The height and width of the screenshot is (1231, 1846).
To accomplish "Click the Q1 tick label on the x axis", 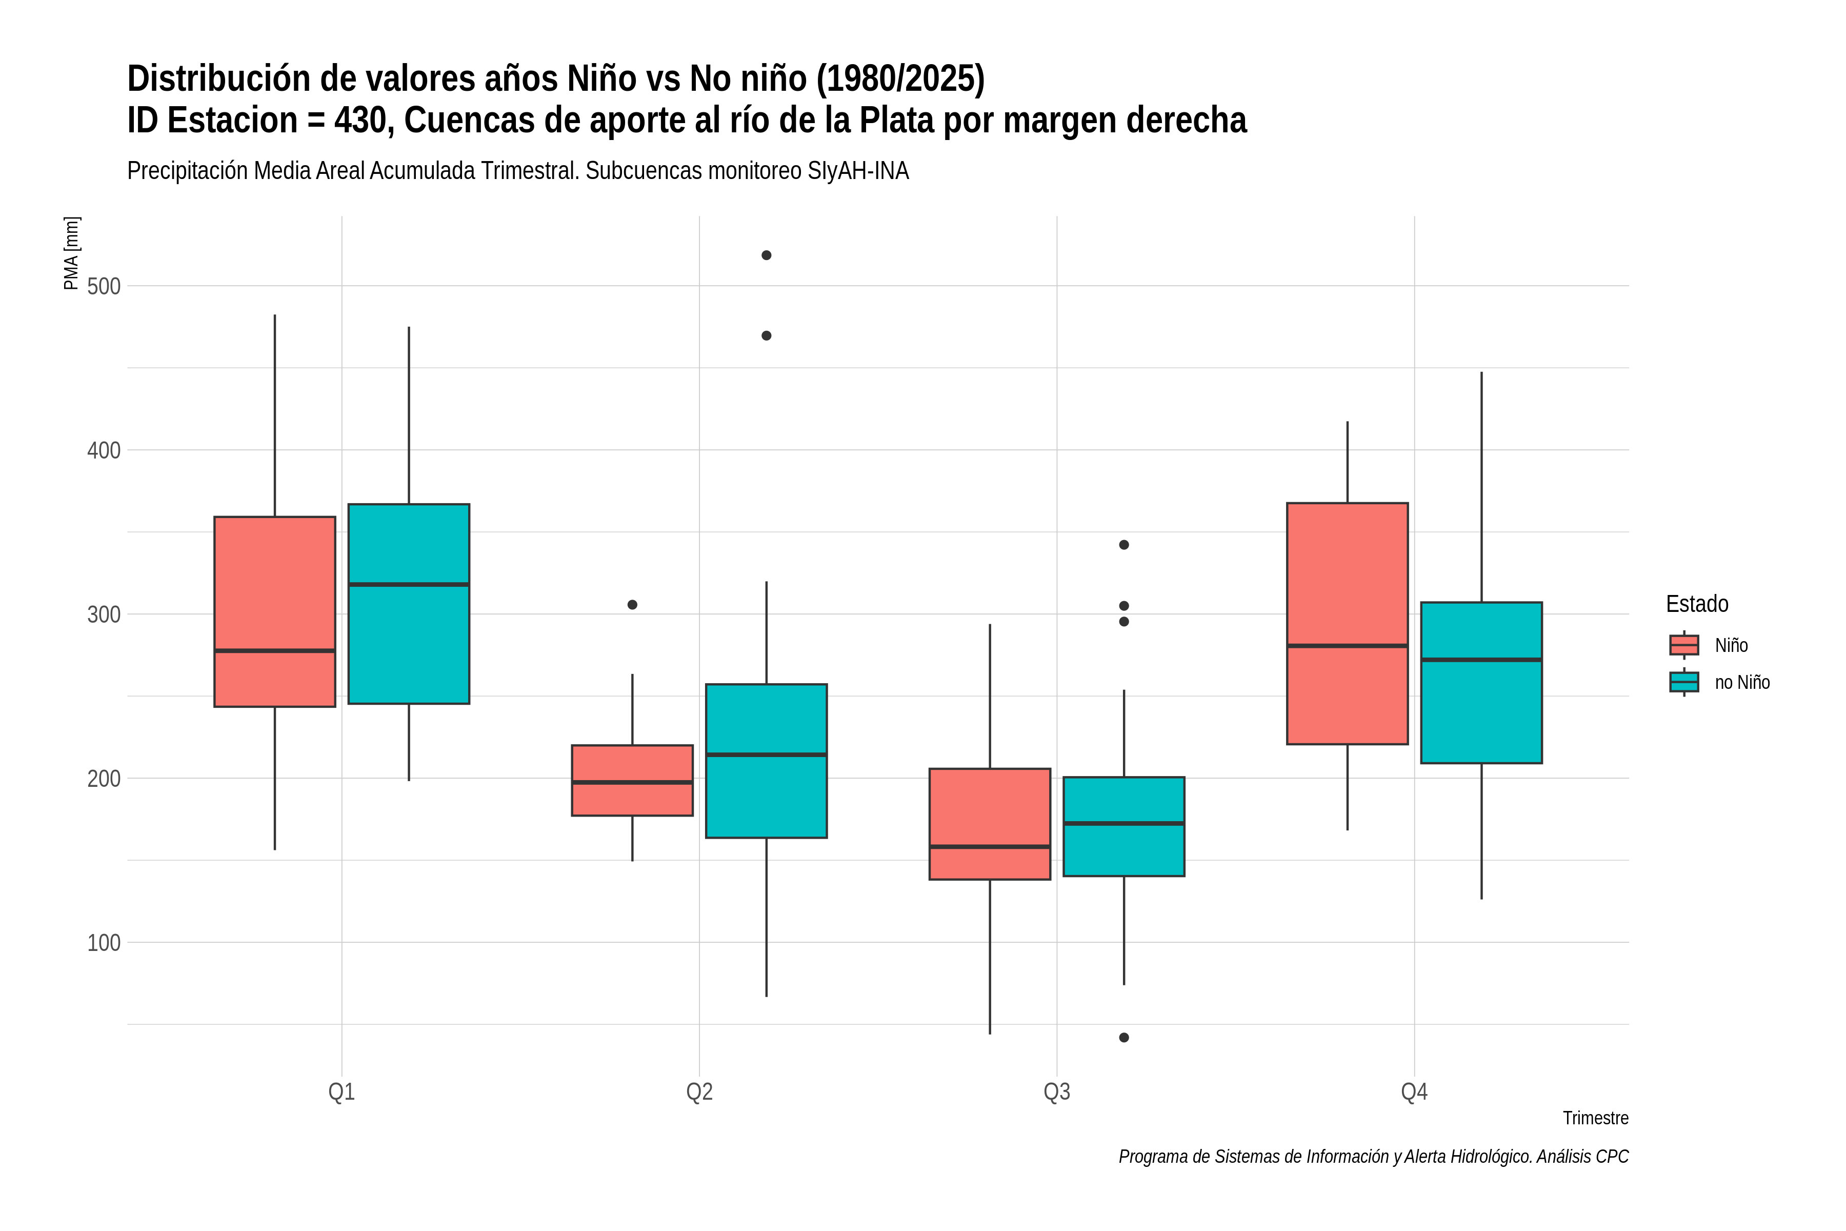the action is coord(342,1092).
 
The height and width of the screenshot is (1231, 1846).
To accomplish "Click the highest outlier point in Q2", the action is coord(766,255).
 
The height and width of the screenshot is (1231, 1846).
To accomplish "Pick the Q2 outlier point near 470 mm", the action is coord(766,335).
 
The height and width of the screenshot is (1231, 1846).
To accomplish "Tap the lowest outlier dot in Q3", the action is coord(1124,1037).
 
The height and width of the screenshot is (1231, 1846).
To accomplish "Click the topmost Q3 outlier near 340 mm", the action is coord(1124,545).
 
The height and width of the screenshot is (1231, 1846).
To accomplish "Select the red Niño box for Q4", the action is coord(1348,623).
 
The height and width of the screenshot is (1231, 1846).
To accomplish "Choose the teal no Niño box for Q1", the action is coord(409,604).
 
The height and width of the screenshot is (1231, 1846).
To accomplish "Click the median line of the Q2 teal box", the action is coord(766,755).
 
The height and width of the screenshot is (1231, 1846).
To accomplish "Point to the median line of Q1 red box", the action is coord(275,651).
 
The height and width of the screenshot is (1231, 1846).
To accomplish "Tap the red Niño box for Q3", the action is coord(990,824).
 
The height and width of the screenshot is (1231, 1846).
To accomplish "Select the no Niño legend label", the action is coord(1742,682).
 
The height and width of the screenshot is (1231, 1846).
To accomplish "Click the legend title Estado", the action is coord(1697,604).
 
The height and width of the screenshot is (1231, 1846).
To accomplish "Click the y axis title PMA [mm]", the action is coord(71,253).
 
